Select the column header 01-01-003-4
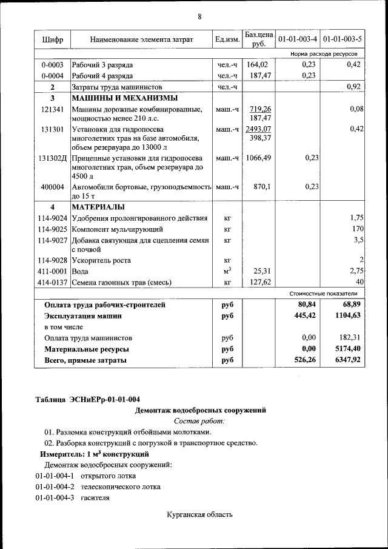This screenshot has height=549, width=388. click(298, 39)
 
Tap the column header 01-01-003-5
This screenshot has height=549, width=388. click(343, 39)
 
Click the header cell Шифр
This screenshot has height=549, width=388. click(52, 39)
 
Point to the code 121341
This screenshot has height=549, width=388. click(52, 109)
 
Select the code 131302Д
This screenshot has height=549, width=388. click(52, 158)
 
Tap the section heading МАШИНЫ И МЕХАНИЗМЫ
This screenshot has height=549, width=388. click(125, 98)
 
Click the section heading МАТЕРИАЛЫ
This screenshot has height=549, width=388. click(99, 207)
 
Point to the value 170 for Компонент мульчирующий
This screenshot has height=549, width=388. click(357, 229)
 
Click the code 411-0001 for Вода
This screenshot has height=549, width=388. click(52, 271)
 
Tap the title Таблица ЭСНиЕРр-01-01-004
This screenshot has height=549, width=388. click(88, 399)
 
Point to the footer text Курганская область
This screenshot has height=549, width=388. click(199, 515)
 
